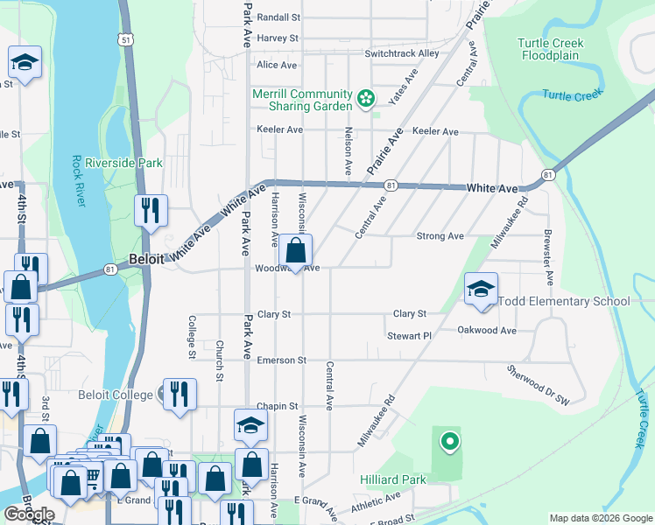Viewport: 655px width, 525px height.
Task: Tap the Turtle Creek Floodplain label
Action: [556, 49]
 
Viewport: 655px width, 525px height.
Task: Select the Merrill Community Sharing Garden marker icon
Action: [365, 95]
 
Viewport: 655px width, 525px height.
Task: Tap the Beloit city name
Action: [146, 260]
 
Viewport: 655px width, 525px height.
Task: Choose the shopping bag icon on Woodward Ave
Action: [297, 250]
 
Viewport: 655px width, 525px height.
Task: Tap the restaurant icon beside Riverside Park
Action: [150, 210]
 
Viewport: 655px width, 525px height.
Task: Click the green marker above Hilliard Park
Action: [449, 442]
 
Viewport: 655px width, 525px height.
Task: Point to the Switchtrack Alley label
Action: [402, 53]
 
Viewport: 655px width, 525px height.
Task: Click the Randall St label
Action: [278, 17]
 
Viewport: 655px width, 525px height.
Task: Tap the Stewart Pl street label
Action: [410, 336]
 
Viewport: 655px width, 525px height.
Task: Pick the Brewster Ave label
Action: [549, 257]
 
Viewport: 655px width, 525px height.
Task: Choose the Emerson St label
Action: [282, 360]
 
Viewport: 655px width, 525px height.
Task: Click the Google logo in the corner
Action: [29, 514]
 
